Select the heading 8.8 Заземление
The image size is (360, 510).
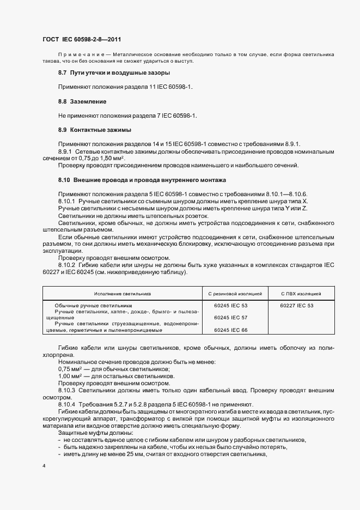point(82,101)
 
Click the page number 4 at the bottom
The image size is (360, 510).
point(44,466)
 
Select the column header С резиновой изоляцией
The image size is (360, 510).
point(235,294)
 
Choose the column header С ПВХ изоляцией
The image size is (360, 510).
point(301,294)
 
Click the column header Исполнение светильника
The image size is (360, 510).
point(122,294)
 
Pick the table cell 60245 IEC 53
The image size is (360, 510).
point(231,306)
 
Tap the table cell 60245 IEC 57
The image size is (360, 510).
point(231,317)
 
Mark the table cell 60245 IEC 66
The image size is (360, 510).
point(231,330)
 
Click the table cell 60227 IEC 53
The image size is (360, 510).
point(297,306)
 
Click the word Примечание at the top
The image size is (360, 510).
point(80,55)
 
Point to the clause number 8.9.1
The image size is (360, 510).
point(66,150)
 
